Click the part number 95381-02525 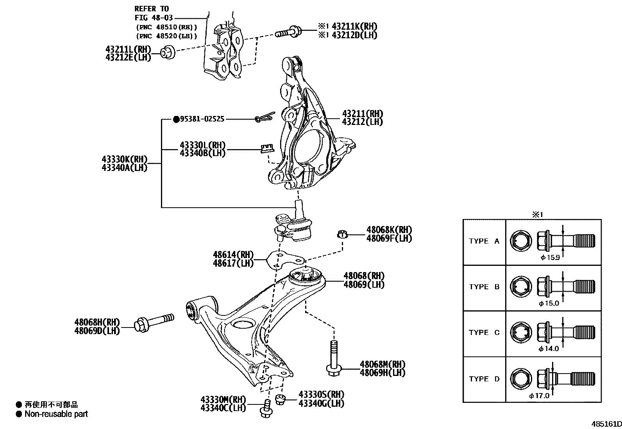click(x=202, y=119)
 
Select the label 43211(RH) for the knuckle click(x=362, y=114)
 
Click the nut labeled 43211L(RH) click(x=168, y=52)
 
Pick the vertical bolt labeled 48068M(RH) click(x=333, y=358)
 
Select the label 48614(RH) click(x=233, y=255)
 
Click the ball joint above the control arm click(x=296, y=226)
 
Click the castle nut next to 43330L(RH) click(x=266, y=148)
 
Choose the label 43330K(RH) click(x=124, y=159)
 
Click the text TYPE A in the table click(x=484, y=241)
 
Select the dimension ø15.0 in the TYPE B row click(x=549, y=303)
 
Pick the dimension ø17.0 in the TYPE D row click(x=539, y=395)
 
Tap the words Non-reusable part click(x=56, y=414)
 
